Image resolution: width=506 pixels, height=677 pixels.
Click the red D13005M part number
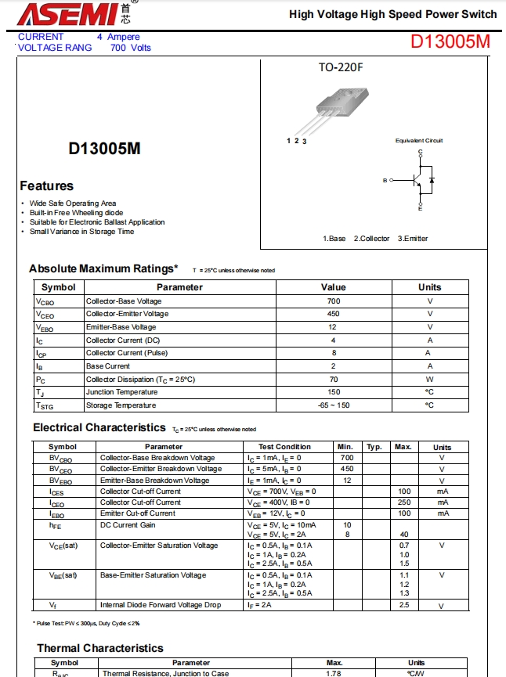(450, 41)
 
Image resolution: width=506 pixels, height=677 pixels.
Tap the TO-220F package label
(341, 67)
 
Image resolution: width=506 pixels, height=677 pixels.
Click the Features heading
(47, 186)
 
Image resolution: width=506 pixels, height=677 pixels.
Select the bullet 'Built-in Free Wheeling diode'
(76, 213)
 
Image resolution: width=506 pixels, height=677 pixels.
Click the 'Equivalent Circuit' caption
(419, 141)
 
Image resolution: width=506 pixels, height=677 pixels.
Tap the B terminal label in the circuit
(385, 181)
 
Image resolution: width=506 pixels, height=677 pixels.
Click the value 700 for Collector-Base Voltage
(334, 301)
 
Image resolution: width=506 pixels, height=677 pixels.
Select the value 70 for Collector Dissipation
(334, 380)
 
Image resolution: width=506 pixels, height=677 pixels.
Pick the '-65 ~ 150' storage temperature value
(334, 405)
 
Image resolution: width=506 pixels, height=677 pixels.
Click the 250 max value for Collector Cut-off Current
(404, 502)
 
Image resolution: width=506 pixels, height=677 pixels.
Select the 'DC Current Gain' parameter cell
(128, 525)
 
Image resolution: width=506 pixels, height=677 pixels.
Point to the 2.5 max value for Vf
(404, 605)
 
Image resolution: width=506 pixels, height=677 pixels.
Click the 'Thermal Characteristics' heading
(100, 648)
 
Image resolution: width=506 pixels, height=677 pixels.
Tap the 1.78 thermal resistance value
(334, 673)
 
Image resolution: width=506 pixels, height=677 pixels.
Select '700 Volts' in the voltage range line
(131, 48)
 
